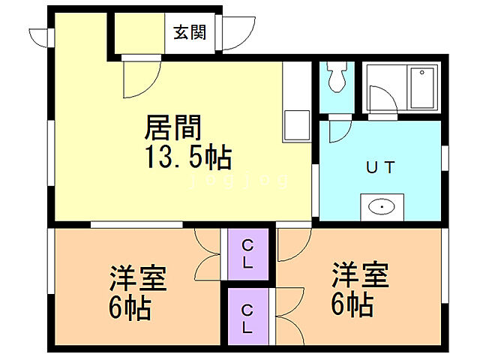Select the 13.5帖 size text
tap(187, 158)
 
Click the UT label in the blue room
tap(380, 166)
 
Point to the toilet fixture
tap(335, 78)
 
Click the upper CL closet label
tap(247, 253)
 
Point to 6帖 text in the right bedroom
tap(353, 303)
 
